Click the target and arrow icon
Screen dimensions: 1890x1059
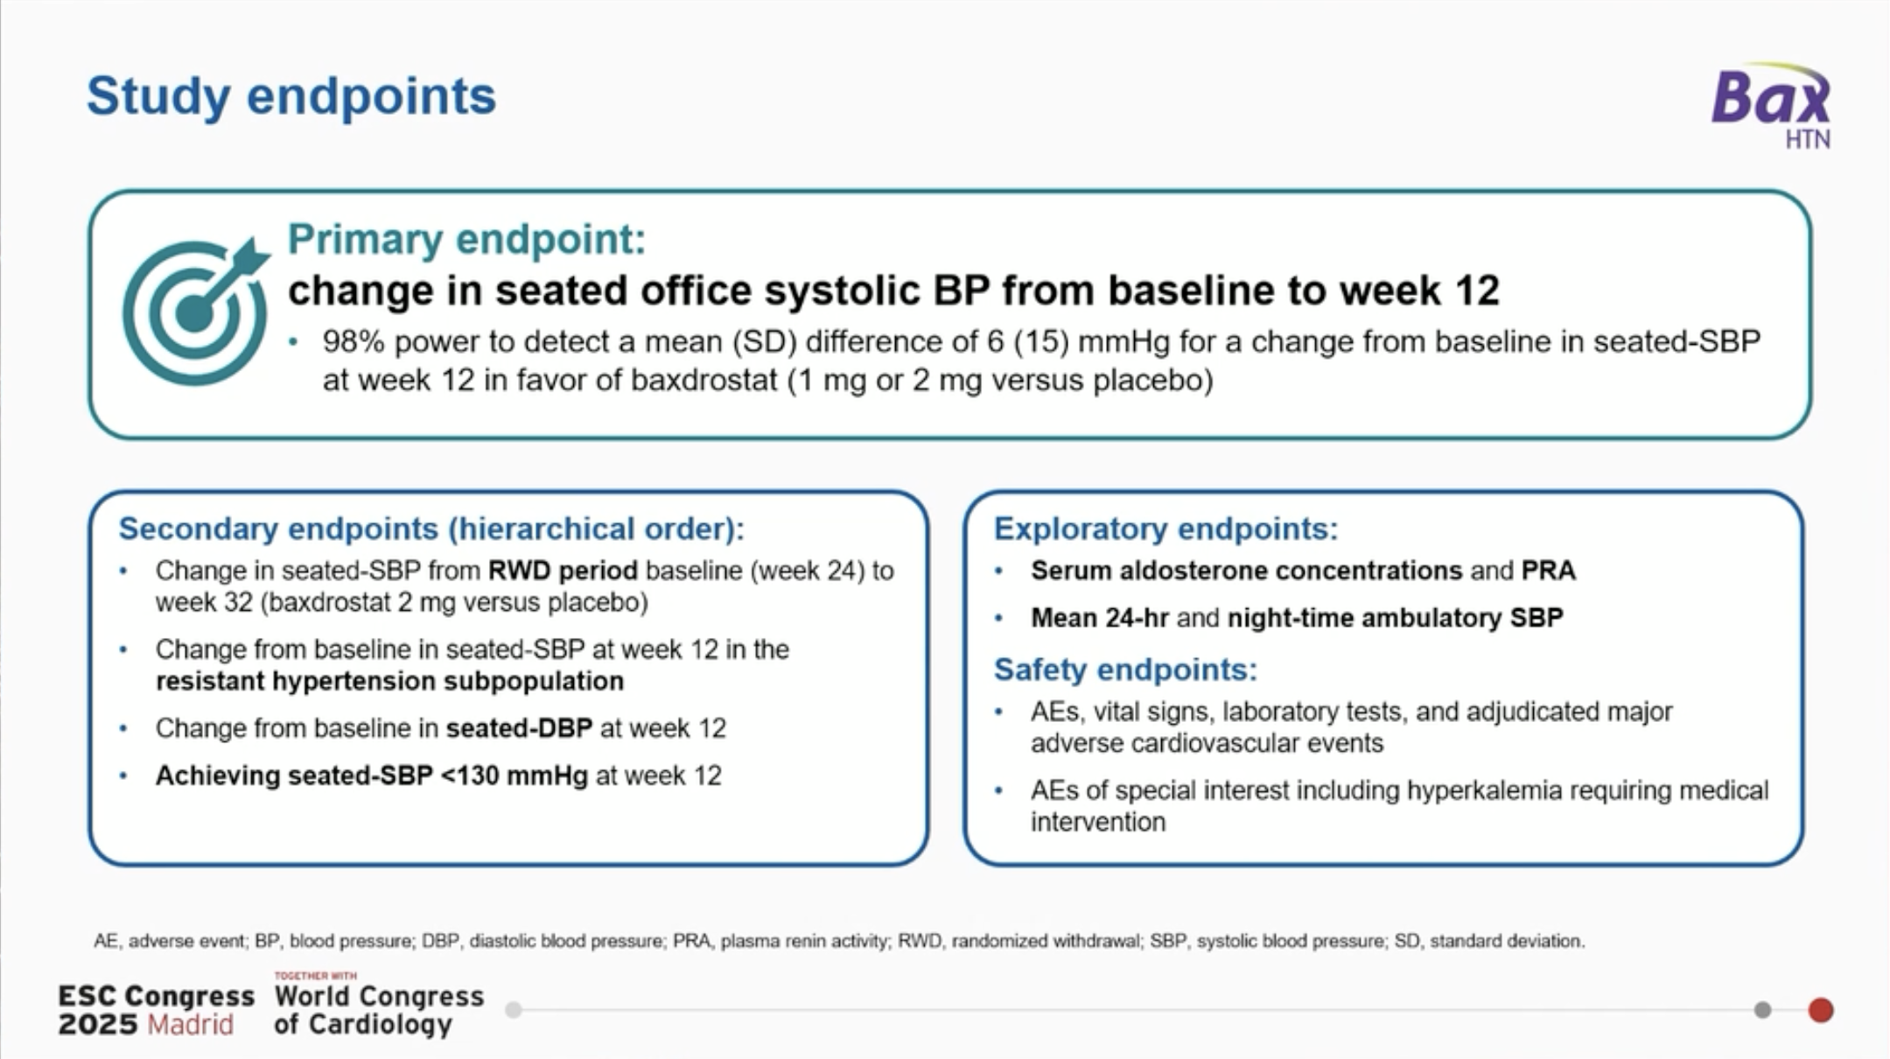pyautogui.click(x=194, y=312)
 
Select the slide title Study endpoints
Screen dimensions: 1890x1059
pyautogui.click(x=291, y=95)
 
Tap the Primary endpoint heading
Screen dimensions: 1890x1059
pyautogui.click(x=466, y=239)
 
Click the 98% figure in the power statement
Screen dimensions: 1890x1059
pyautogui.click(x=353, y=341)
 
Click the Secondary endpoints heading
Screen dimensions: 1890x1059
pyautogui.click(x=431, y=529)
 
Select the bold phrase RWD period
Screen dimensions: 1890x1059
pyautogui.click(x=563, y=571)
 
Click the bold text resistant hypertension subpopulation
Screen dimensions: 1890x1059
pyautogui.click(x=389, y=681)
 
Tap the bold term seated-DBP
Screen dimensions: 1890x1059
pyautogui.click(x=519, y=728)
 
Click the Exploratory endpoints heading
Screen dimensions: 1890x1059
pyautogui.click(x=1165, y=529)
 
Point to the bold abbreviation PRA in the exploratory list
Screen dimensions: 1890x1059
pyautogui.click(x=1548, y=571)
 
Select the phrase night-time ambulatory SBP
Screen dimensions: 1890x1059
pyautogui.click(x=1395, y=618)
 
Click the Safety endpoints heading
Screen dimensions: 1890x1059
pyautogui.click(x=1125, y=670)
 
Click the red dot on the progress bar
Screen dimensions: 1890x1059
pyautogui.click(x=1821, y=1010)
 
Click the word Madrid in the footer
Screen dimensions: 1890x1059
pyautogui.click(x=191, y=1025)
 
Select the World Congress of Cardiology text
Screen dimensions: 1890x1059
pyautogui.click(x=378, y=1010)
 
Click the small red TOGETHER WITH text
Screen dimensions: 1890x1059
pyautogui.click(x=315, y=975)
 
